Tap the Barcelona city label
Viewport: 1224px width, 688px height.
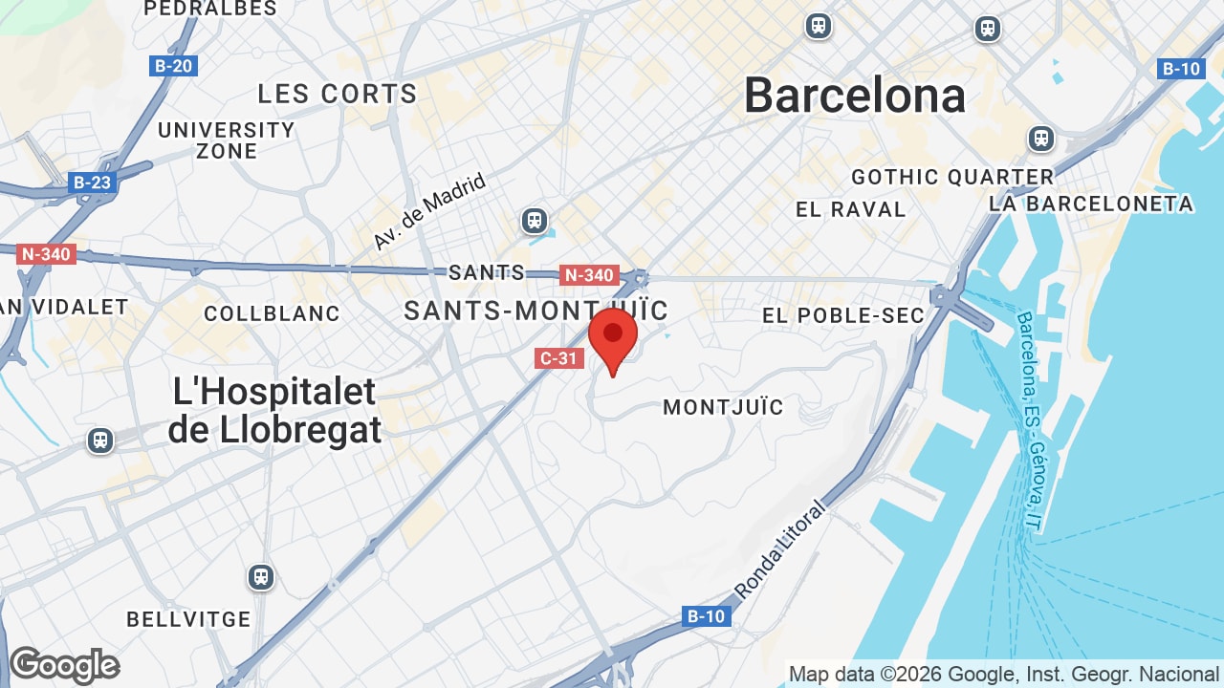[x=855, y=96]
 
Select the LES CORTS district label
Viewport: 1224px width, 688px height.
[x=338, y=94]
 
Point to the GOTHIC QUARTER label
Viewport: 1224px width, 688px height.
[x=952, y=177]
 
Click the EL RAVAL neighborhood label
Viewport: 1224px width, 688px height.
[x=850, y=209]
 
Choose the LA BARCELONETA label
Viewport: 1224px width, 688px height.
[x=1091, y=204]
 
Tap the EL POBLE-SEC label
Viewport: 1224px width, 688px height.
[x=843, y=315]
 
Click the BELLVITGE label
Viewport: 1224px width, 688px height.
[x=188, y=619]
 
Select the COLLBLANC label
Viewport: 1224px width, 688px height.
[x=272, y=313]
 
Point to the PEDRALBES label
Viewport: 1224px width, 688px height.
[x=210, y=9]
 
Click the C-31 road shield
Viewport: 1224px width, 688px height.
[x=558, y=358]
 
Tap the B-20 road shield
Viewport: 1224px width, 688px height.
[x=173, y=66]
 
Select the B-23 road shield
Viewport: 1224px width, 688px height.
[x=93, y=182]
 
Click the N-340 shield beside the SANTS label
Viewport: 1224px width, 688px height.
[x=589, y=275]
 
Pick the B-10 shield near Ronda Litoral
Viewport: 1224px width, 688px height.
[x=707, y=616]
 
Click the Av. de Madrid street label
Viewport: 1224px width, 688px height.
[x=429, y=211]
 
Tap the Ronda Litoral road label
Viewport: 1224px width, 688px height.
[x=779, y=548]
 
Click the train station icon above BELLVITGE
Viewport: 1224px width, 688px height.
[x=260, y=577]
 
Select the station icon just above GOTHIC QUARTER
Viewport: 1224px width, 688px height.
[x=1041, y=139]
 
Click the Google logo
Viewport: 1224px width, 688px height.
[x=64, y=665]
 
